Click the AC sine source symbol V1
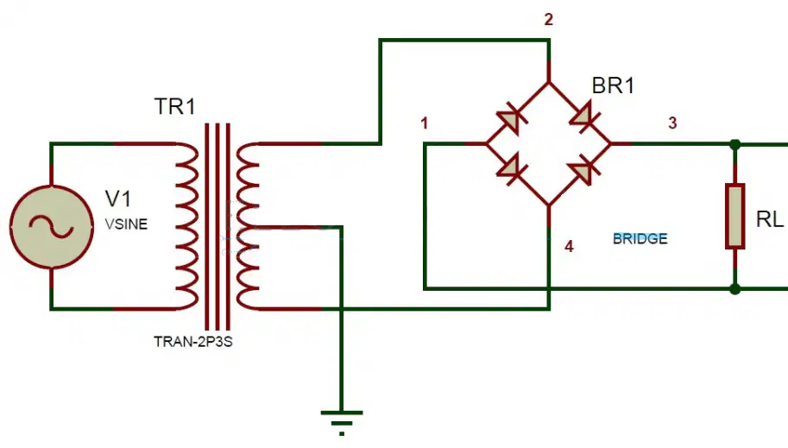point(51,227)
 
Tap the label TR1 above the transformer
point(174,106)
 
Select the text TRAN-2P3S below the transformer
point(193,342)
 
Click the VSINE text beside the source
point(126,224)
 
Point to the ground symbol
point(342,422)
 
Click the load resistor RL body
point(734,216)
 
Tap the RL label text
point(769,219)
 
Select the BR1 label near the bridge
point(613,85)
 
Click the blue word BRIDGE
point(640,238)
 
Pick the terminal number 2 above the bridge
point(548,20)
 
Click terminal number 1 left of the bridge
point(424,123)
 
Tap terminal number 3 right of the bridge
point(672,123)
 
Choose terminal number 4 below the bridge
point(569,246)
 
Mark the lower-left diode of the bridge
point(511,169)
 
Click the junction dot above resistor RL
point(734,145)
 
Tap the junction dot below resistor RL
point(734,289)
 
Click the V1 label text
point(118,199)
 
